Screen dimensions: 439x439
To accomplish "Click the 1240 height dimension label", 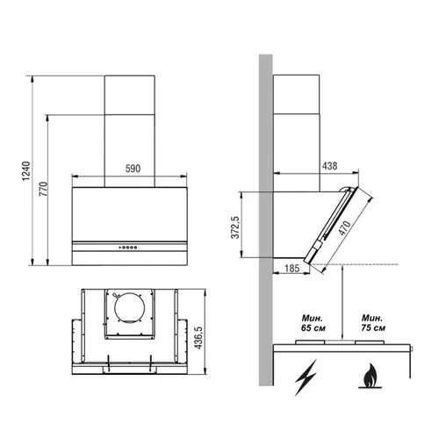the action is [x=26, y=170].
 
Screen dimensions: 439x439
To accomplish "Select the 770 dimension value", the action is [x=43, y=189].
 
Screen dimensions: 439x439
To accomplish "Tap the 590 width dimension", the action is [x=133, y=169].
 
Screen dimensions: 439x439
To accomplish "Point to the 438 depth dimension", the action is [x=330, y=166].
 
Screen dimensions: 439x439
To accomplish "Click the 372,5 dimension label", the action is [x=235, y=227].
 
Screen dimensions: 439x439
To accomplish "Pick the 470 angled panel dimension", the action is [x=344, y=228].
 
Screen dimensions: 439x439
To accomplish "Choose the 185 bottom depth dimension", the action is [x=292, y=269].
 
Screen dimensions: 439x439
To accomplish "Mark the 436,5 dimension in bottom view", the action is [x=198, y=337].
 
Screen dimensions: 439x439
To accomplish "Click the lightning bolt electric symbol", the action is [x=306, y=378].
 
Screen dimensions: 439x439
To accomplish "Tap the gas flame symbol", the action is [x=371, y=376].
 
